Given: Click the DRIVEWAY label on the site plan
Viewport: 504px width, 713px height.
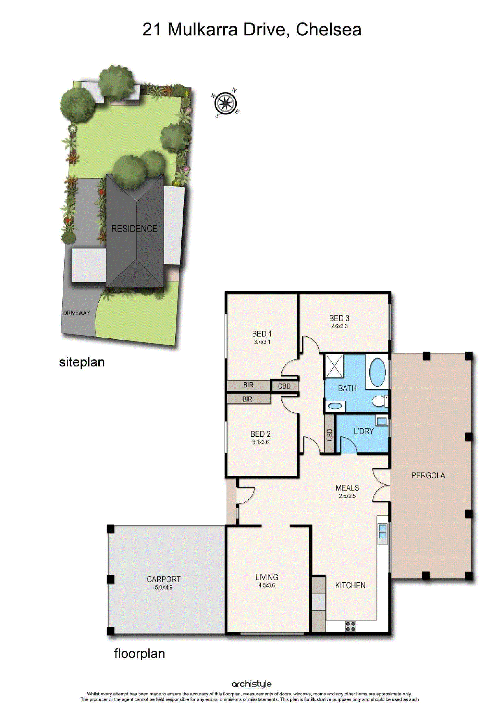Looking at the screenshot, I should point(76,313).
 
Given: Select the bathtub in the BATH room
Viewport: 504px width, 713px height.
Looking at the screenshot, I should point(378,372).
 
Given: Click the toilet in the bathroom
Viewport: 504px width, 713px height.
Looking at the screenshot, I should point(380,401).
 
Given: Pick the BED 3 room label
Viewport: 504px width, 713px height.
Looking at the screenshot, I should point(339,318).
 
